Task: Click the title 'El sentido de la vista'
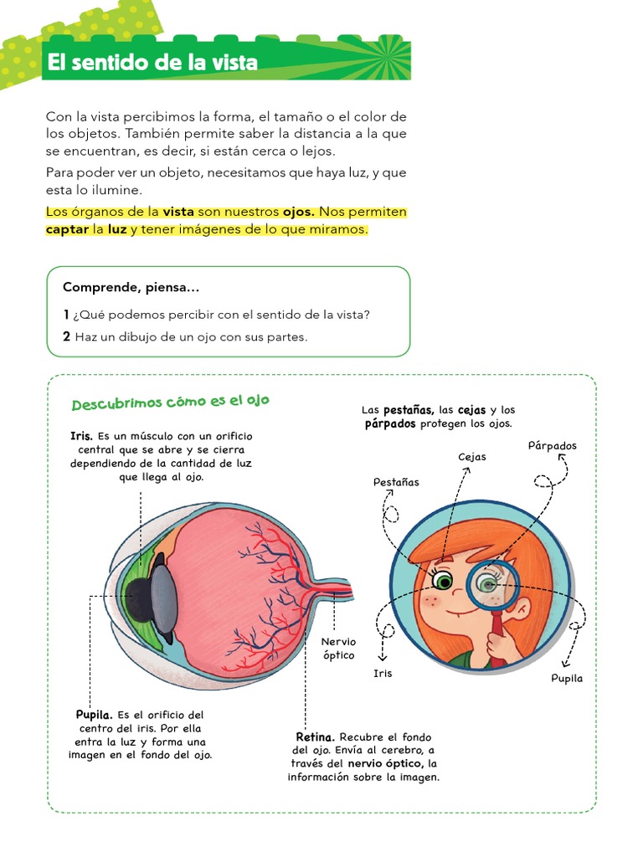pyautogui.click(x=152, y=62)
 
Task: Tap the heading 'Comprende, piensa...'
pyautogui.click(x=131, y=288)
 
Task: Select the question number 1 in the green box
pyautogui.click(x=66, y=315)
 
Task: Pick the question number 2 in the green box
pyautogui.click(x=67, y=336)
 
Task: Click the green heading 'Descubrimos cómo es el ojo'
pyautogui.click(x=170, y=403)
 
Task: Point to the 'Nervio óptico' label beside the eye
pyautogui.click(x=338, y=649)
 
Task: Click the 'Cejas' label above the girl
pyautogui.click(x=472, y=457)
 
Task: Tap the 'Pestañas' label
pyautogui.click(x=396, y=483)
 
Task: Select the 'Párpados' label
pyautogui.click(x=553, y=446)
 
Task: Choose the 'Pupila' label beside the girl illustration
pyautogui.click(x=567, y=678)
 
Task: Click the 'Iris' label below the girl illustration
pyautogui.click(x=383, y=674)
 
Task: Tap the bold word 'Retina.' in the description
pyautogui.click(x=315, y=737)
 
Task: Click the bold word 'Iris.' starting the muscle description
pyautogui.click(x=82, y=436)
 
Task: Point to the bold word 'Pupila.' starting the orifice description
pyautogui.click(x=94, y=715)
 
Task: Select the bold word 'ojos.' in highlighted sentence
pyautogui.click(x=299, y=212)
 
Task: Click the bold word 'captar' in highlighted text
pyautogui.click(x=67, y=229)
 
